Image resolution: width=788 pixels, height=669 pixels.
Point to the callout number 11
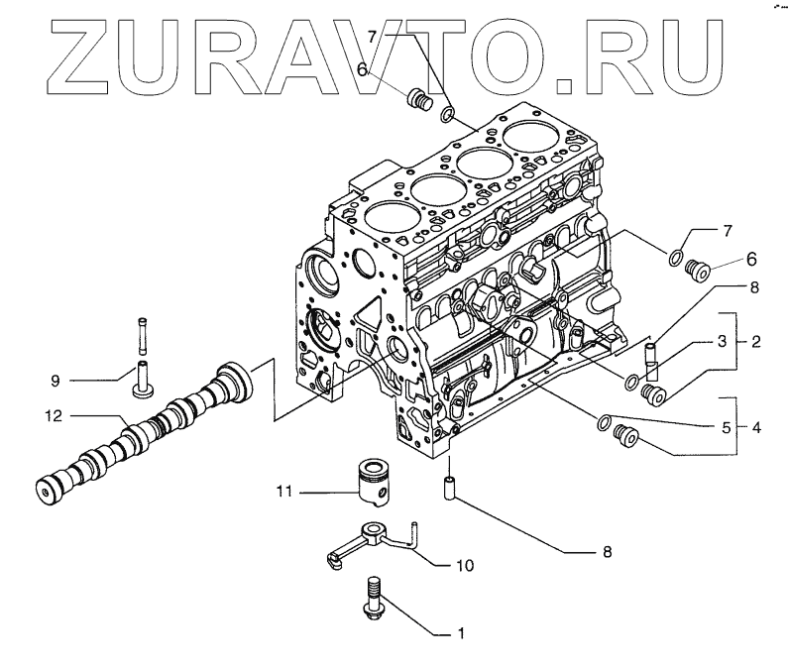(x=282, y=490)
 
